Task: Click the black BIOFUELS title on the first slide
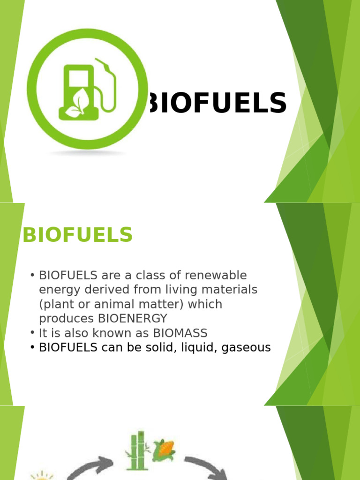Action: click(217, 103)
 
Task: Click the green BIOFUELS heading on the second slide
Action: click(78, 235)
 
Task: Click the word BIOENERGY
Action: click(133, 319)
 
